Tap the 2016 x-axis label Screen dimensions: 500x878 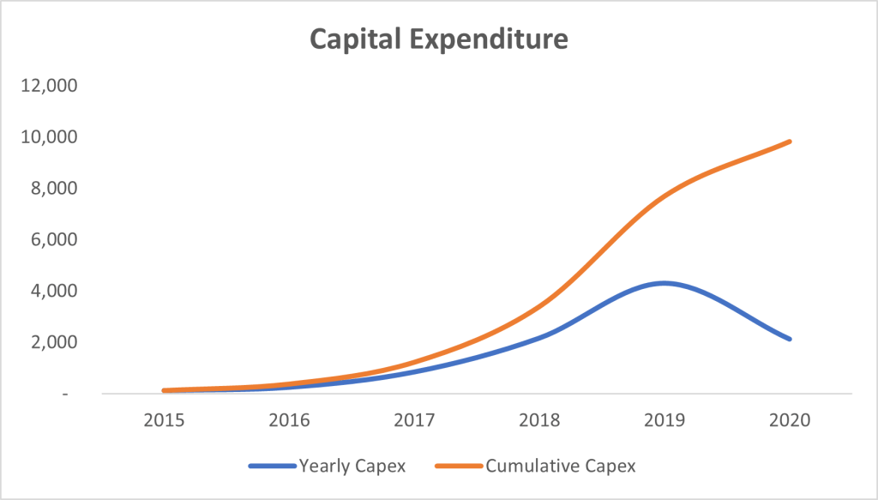(x=289, y=420)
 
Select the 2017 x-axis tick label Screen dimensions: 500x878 (x=414, y=420)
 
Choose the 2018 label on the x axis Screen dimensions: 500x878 (x=539, y=420)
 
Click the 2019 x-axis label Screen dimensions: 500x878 (x=665, y=420)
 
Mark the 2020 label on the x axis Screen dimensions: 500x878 (x=790, y=420)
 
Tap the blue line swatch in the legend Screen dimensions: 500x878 (x=273, y=467)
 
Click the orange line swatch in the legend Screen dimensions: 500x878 (x=460, y=467)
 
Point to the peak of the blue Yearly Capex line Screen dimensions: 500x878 (x=664, y=283)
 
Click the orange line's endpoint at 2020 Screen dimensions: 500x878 (x=789, y=142)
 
